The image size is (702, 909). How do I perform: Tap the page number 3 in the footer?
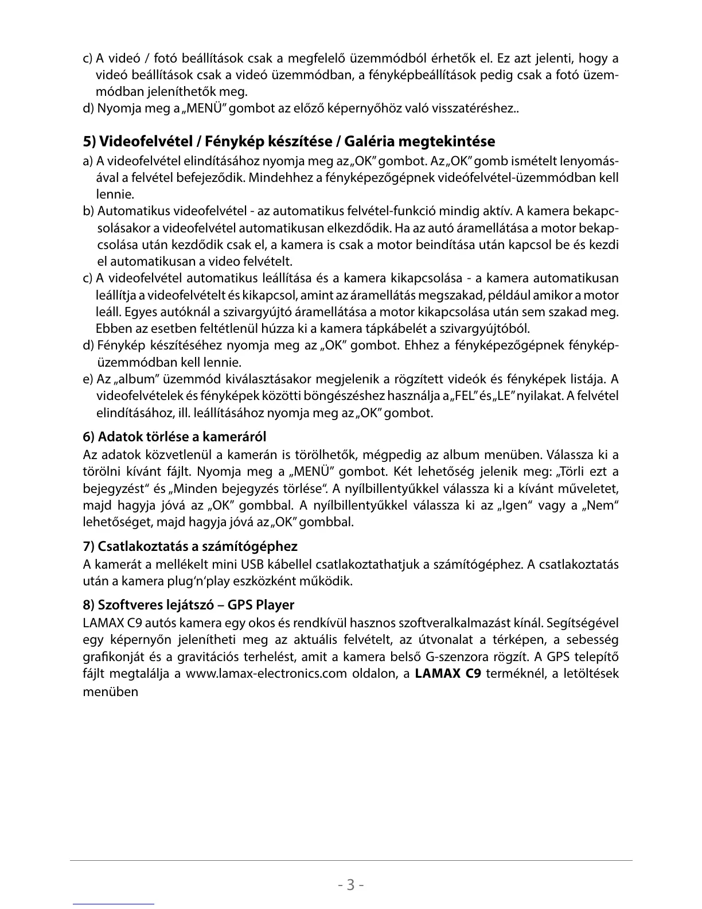(x=350, y=884)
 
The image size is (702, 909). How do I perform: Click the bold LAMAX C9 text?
(x=447, y=673)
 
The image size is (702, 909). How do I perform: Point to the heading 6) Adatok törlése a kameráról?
(x=174, y=437)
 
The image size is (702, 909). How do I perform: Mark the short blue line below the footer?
(x=114, y=904)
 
